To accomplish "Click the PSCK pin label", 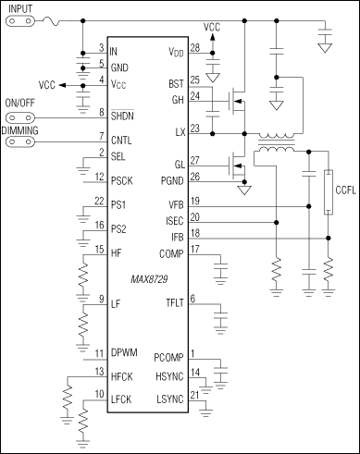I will pos(123,180).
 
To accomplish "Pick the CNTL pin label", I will pos(122,141).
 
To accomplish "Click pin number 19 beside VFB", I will pos(219,201).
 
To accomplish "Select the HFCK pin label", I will pos(123,376).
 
